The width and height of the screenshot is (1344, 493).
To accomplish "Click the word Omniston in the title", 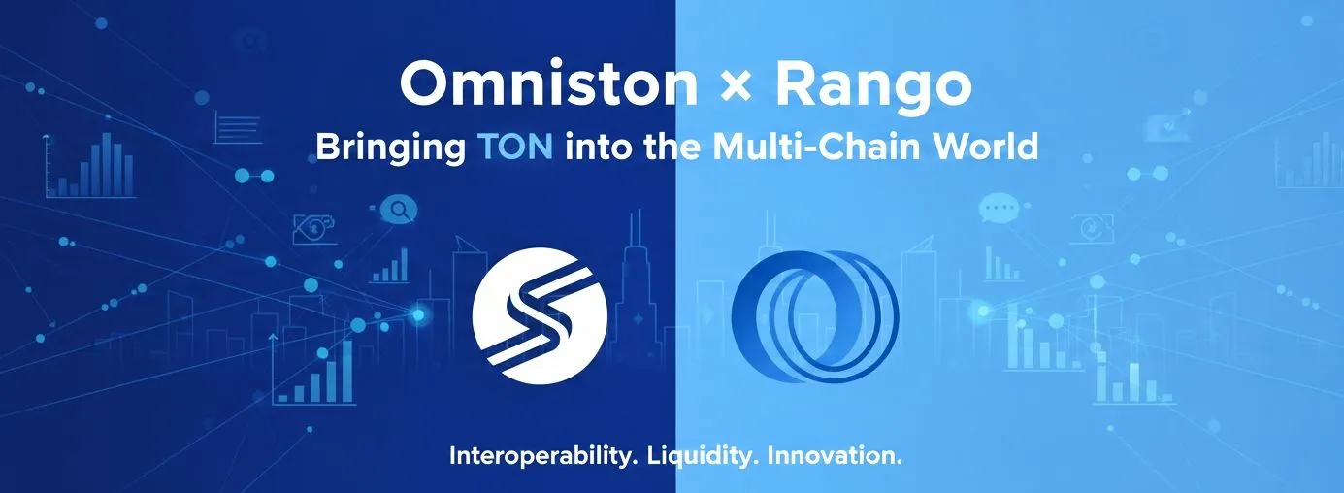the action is [x=548, y=84].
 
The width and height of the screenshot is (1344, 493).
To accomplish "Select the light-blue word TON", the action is [x=515, y=147].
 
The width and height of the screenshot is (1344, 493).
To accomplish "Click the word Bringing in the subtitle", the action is [x=391, y=148].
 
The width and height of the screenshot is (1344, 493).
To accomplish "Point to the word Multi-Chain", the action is [x=817, y=147].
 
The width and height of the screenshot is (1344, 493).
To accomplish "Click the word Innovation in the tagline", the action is [x=835, y=456].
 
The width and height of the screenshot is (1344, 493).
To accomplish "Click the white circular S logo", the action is [x=540, y=315].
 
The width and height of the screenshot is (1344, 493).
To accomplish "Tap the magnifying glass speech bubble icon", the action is [x=398, y=210].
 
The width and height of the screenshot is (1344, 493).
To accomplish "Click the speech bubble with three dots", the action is [x=998, y=208].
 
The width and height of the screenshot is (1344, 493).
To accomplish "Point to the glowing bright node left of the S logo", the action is [x=418, y=314].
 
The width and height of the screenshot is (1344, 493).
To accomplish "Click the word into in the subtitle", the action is [x=598, y=147].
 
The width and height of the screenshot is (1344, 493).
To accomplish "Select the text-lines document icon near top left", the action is [x=237, y=127].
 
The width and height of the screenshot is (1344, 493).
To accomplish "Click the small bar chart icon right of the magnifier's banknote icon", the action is [x=390, y=265].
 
